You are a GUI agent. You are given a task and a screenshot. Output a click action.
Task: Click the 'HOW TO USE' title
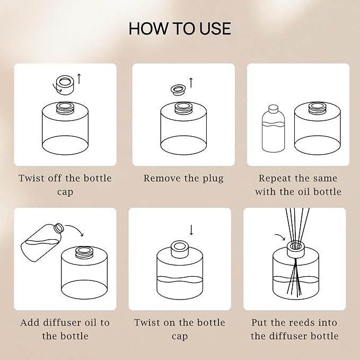tap(180, 29)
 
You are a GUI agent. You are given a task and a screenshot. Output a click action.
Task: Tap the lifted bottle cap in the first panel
tap(65, 85)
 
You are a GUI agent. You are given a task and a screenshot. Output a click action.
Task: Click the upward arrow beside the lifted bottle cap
tap(79, 79)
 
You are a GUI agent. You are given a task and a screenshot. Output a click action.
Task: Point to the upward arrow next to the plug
tap(191, 83)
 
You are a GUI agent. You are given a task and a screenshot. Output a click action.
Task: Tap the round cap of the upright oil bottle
tap(273, 109)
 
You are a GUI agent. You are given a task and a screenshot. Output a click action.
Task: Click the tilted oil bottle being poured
tap(42, 242)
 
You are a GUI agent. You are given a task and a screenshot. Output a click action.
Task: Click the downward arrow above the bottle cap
tap(191, 230)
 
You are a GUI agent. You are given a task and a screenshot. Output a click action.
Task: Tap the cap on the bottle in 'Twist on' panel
tap(180, 249)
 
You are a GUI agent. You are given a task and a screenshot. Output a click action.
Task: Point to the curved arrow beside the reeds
tap(280, 237)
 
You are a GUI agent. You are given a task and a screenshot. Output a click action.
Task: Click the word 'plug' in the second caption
tap(213, 179)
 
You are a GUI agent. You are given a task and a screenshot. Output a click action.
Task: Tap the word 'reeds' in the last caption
tap(301, 322)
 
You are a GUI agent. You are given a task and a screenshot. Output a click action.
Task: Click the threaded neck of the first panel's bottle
tap(65, 108)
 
